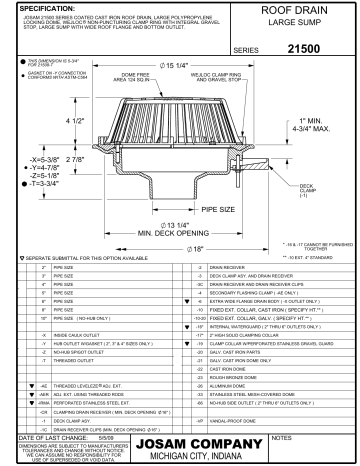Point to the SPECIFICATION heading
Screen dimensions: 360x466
(x=38, y=7)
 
